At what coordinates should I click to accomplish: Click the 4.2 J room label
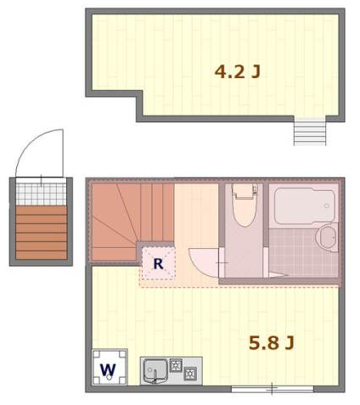point(237,72)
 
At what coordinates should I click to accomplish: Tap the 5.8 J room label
point(271,343)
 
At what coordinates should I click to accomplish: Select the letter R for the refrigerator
point(158,264)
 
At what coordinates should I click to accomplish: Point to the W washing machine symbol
point(108,368)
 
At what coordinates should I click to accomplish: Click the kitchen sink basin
point(155,368)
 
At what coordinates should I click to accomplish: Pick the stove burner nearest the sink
point(176,366)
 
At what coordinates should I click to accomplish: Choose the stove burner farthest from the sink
point(190,373)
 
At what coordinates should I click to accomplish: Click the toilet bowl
point(245,211)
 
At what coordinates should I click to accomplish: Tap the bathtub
point(304,205)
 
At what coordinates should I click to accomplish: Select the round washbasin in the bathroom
point(328,236)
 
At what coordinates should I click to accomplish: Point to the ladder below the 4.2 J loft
point(310,132)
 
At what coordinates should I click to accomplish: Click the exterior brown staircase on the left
point(41,231)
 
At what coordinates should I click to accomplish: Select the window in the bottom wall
point(272,389)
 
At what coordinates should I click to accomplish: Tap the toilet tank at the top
point(245,191)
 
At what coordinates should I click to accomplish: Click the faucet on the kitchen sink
point(155,379)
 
